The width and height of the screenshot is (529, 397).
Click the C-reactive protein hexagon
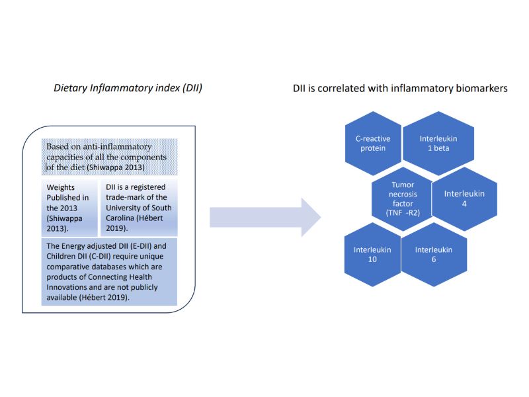click(x=374, y=143)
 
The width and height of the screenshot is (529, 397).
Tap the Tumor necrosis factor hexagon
click(x=403, y=198)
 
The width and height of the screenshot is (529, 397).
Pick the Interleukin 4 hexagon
click(x=464, y=198)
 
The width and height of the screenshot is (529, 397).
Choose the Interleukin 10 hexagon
click(x=372, y=255)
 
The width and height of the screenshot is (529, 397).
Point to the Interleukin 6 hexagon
click(x=434, y=255)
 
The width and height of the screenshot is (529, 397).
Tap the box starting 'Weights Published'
click(x=69, y=206)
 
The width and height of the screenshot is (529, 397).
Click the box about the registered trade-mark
click(x=139, y=206)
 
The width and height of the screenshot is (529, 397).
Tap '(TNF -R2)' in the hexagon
click(x=403, y=213)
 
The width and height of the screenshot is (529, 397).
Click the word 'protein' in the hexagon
click(x=374, y=148)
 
